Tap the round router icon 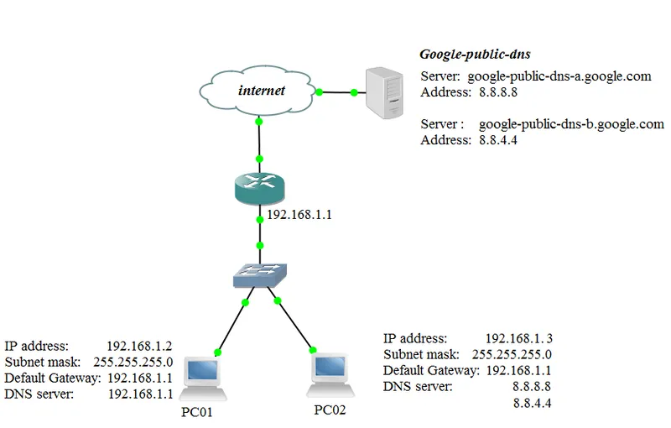pyautogui.click(x=260, y=185)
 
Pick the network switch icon pyautogui.click(x=260, y=272)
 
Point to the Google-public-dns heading pyautogui.click(x=475, y=55)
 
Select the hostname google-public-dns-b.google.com pyautogui.click(x=571, y=124)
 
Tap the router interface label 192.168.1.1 pyautogui.click(x=299, y=215)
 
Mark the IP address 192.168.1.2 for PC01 pyautogui.click(x=139, y=345)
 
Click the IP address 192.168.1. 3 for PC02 pyautogui.click(x=518, y=338)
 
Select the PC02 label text pyautogui.click(x=330, y=410)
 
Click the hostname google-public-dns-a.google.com pyautogui.click(x=559, y=76)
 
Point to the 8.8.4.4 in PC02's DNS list pyautogui.click(x=532, y=403)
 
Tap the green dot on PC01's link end pyautogui.click(x=218, y=352)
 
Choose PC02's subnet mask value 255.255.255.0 pyautogui.click(x=512, y=354)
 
